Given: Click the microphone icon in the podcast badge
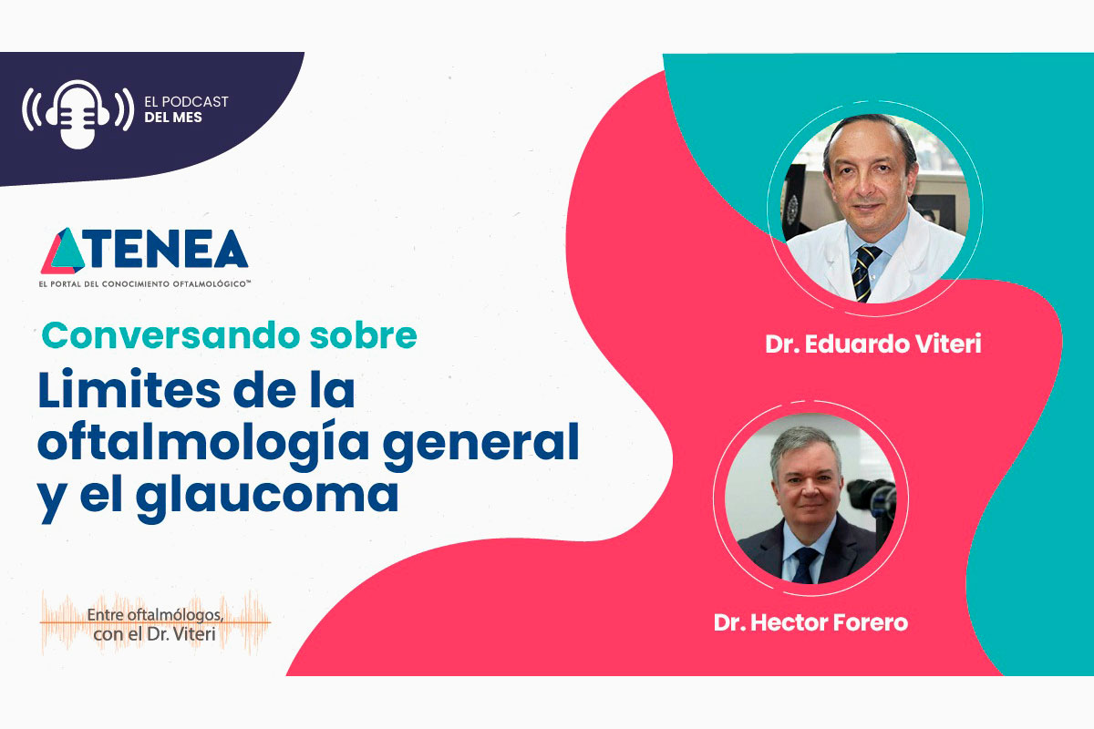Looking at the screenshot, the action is (77, 114).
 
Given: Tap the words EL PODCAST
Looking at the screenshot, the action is (186, 101).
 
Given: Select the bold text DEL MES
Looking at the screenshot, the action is (173, 118).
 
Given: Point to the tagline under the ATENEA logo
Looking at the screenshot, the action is (145, 283).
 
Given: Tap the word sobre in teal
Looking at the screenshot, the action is (364, 335).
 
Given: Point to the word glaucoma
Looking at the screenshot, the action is (266, 498).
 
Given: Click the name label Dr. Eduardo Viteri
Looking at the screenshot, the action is (873, 344).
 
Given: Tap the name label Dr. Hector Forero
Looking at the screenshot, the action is (810, 622).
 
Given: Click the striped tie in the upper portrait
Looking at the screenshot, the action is (863, 273).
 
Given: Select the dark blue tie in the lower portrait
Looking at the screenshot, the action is (805, 565).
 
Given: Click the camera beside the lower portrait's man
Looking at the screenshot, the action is (873, 503).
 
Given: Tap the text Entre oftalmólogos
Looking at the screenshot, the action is (155, 615).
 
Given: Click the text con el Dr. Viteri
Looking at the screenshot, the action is (154, 634).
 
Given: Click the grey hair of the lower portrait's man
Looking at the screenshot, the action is (805, 446).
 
